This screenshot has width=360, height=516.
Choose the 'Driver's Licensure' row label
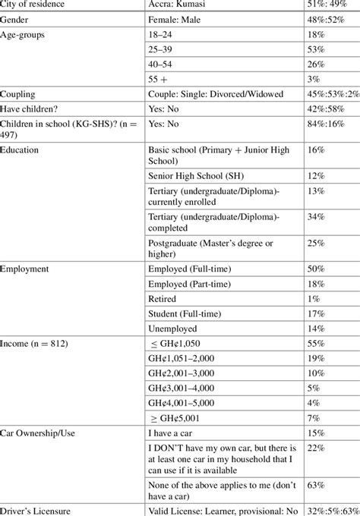[37, 510]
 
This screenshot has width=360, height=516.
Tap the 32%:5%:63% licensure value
[327, 510]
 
